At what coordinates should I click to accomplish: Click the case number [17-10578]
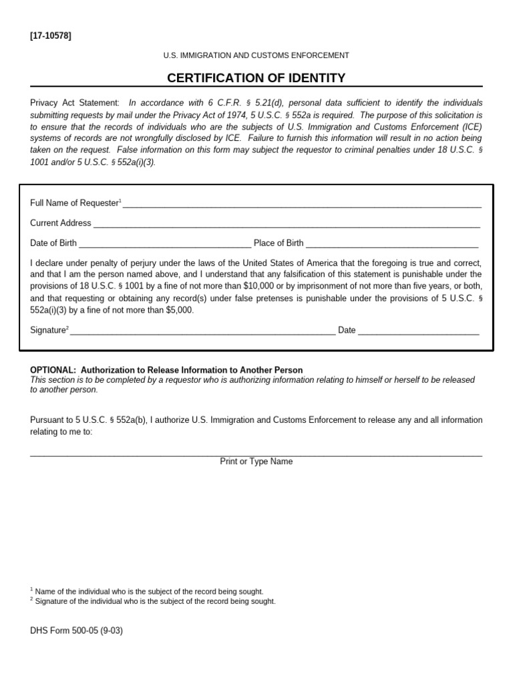coord(51,35)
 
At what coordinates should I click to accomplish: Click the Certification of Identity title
coord(256,78)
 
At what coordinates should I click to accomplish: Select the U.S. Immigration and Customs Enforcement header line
coord(256,55)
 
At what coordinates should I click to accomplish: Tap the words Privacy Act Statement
coord(75,103)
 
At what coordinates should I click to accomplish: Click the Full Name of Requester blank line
coord(302,204)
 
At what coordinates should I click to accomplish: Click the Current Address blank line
coord(287,224)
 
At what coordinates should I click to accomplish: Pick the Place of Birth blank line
coord(392,244)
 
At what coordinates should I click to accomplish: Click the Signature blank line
coord(202,331)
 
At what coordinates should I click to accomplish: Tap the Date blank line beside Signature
coord(418,331)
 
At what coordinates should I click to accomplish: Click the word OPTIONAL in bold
coord(53,370)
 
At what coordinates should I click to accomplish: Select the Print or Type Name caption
coord(256,462)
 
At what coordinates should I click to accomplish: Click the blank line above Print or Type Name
coord(256,455)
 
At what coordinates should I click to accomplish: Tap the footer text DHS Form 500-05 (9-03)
coord(76,630)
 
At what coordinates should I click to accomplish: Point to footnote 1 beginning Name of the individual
coord(148,592)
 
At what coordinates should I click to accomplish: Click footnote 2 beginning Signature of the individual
coord(154,601)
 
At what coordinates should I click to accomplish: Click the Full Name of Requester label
coord(74,203)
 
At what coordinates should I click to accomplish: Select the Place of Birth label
coord(279,243)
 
